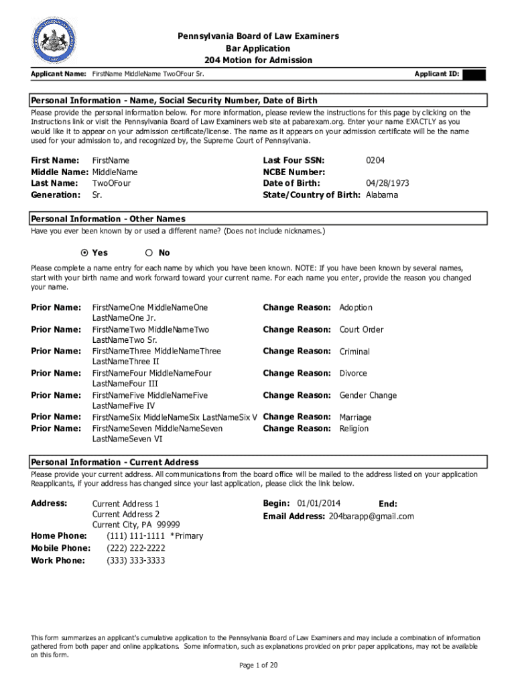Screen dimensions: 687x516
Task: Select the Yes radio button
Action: coord(84,253)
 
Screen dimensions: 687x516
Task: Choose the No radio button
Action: coord(149,253)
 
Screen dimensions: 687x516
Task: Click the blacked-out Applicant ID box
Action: coord(474,74)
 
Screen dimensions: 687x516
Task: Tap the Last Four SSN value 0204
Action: coord(375,160)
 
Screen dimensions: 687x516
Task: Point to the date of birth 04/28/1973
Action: coord(387,183)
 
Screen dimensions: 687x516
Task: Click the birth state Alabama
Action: coord(381,195)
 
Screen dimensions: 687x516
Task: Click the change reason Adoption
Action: coord(356,307)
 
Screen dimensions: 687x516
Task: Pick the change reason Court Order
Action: coord(362,329)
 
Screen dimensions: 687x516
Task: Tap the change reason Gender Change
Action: coord(368,395)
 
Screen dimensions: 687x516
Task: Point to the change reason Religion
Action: coord(354,429)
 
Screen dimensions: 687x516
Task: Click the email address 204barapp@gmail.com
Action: coord(371,516)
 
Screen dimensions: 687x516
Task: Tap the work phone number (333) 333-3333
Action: coord(136,560)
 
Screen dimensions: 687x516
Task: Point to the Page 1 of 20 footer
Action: coord(258,665)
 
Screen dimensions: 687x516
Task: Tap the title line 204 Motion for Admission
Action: coord(258,60)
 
